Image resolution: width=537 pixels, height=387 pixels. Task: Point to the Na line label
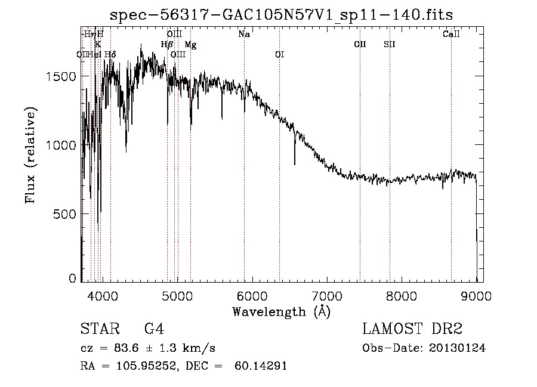tap(244, 35)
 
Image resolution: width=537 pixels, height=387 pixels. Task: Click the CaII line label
tap(451, 35)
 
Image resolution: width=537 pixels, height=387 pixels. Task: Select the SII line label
tap(390, 45)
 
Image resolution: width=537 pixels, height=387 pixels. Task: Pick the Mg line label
tap(190, 45)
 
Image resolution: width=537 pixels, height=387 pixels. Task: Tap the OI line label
tap(279, 55)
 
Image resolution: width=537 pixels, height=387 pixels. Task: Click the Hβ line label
tap(167, 45)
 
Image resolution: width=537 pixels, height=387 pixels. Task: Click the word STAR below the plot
tap(98, 329)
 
